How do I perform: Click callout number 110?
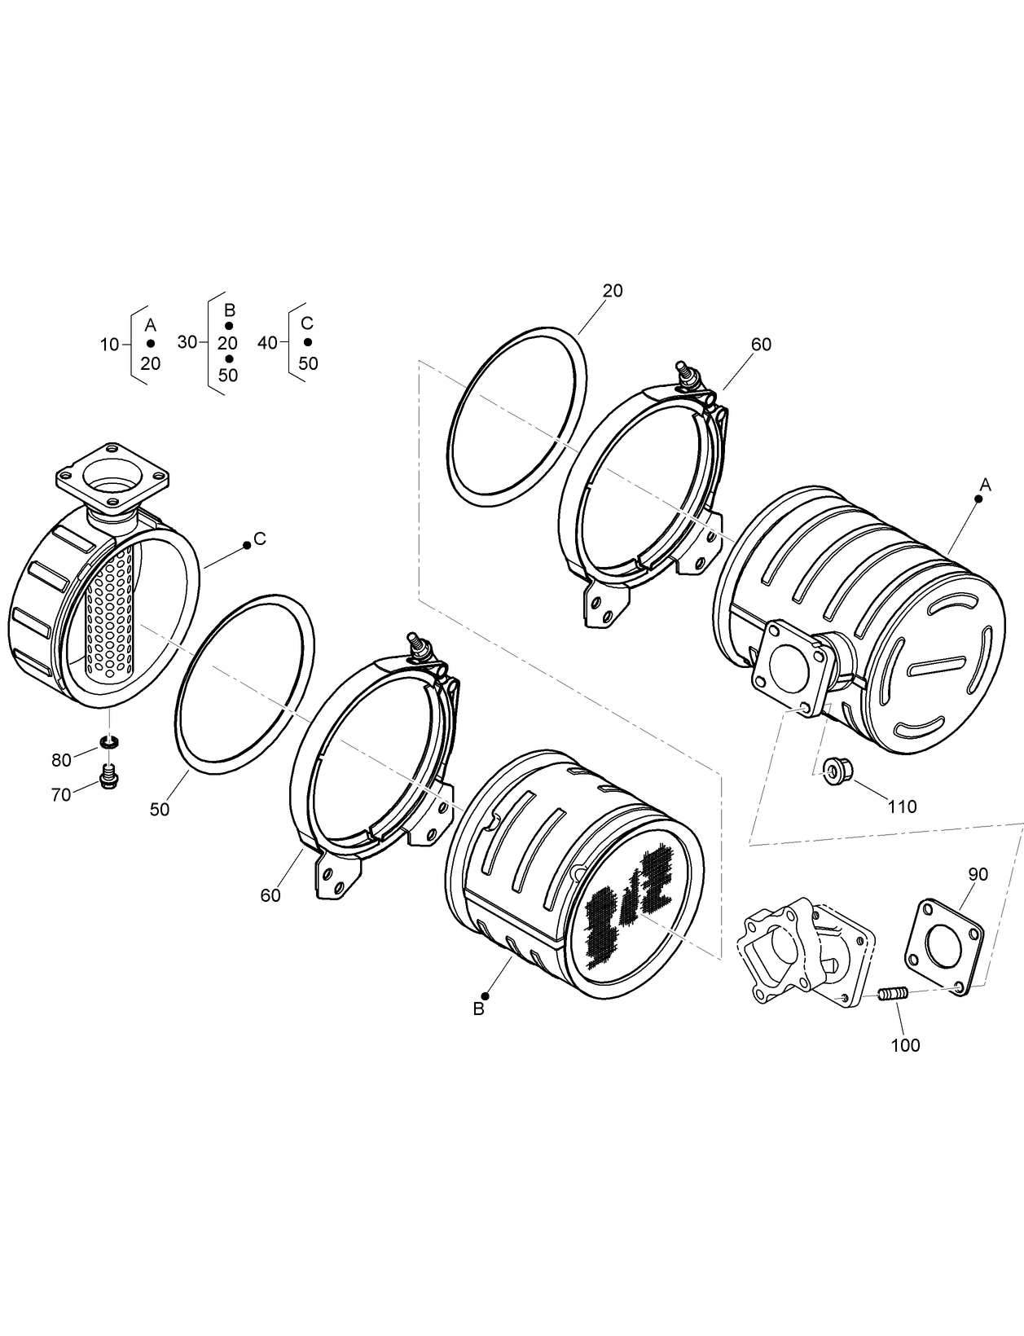click(902, 806)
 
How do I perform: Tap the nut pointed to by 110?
click(833, 769)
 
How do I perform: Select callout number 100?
click(905, 1044)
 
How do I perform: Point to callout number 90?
click(978, 874)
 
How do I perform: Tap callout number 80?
click(61, 761)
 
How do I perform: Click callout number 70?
click(61, 795)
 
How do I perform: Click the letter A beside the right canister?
click(985, 485)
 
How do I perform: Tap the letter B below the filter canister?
click(479, 1009)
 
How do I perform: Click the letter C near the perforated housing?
click(259, 538)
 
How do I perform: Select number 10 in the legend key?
click(109, 345)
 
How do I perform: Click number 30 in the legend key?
click(187, 342)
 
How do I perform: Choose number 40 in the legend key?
click(267, 343)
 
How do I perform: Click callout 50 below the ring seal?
click(160, 809)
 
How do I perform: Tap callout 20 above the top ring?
click(613, 291)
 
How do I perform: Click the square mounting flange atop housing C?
click(111, 475)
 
